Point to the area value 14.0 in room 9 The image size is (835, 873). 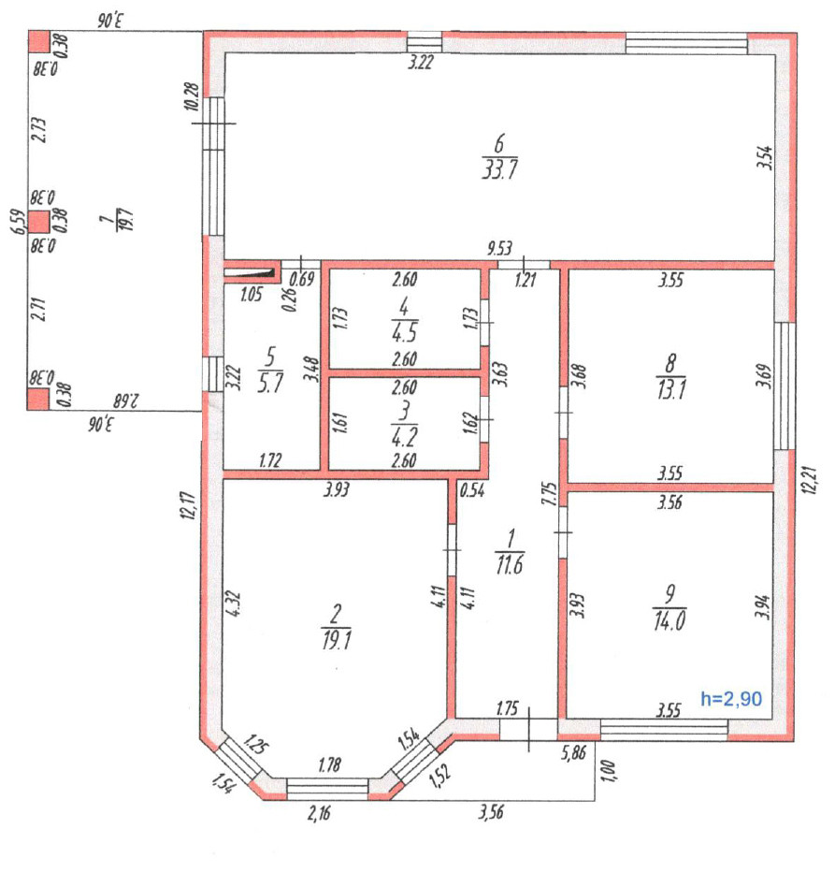671,620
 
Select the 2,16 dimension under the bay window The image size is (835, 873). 319,813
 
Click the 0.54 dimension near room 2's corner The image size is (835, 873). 471,488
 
